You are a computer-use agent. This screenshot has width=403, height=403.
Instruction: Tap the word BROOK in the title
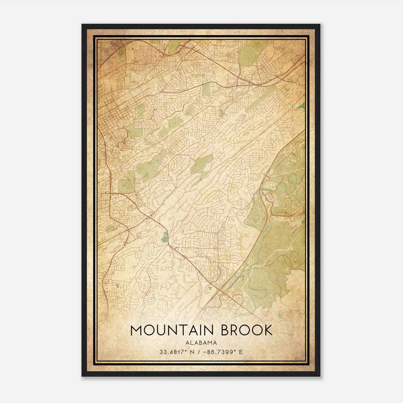[247, 330]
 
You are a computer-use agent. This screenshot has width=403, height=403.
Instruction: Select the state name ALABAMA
[201, 343]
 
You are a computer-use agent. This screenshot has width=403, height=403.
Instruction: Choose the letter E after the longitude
[241, 352]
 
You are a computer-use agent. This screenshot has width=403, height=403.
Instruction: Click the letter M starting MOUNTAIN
[136, 330]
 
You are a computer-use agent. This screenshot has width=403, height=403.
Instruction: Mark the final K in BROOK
[268, 330]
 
